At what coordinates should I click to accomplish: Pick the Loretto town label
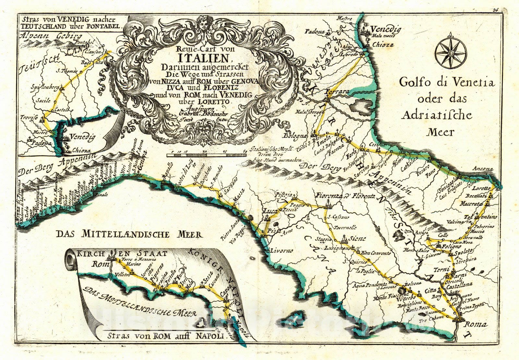click(482, 188)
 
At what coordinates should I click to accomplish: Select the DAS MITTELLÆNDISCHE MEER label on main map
click(128, 234)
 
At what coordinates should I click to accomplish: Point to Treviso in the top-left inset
click(29, 117)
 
